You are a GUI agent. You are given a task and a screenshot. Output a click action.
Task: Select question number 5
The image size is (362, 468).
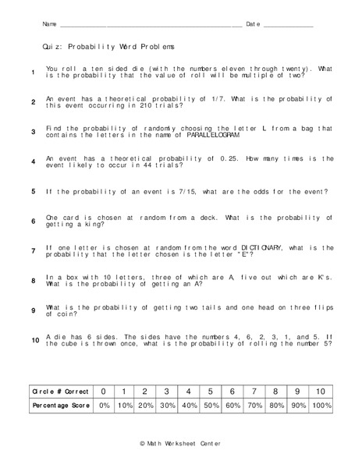point(34,191)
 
